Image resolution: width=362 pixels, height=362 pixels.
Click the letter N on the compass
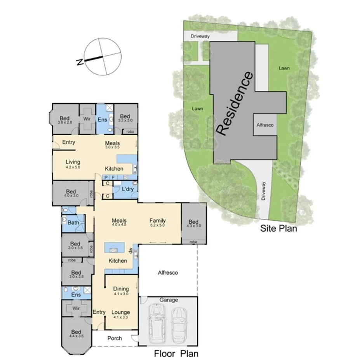(x=80, y=62)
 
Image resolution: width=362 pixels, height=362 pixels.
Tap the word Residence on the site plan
(x=234, y=104)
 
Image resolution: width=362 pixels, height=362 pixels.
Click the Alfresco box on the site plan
(x=266, y=125)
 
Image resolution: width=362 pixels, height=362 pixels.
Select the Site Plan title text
(x=278, y=228)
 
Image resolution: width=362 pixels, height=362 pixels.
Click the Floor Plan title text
(x=176, y=353)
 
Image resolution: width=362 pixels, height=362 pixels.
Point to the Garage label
(x=169, y=300)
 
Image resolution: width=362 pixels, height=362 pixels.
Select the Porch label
(x=115, y=338)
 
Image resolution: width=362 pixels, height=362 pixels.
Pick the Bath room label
(x=73, y=223)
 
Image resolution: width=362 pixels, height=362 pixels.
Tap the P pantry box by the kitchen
(x=105, y=178)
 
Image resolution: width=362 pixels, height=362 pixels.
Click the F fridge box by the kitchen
(x=113, y=178)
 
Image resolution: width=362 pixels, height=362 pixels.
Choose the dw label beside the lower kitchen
(x=132, y=251)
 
